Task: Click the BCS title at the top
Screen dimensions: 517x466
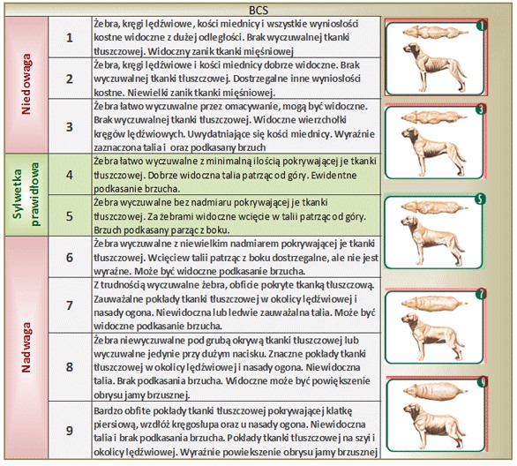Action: pyautogui.click(x=258, y=11)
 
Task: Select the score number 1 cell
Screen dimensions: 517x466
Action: pyautogui.click(x=70, y=37)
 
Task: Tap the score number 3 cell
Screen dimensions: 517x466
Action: pyautogui.click(x=70, y=126)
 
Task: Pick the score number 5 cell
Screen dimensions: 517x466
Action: pyautogui.click(x=70, y=216)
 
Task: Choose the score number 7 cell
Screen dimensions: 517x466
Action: pyautogui.click(x=70, y=305)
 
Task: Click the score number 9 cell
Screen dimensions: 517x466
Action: pyautogui.click(x=70, y=431)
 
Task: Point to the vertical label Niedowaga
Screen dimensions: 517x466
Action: pyautogui.click(x=26, y=85)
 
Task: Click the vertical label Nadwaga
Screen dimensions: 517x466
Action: pyautogui.click(x=26, y=347)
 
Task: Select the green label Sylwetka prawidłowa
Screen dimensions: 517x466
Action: pyautogui.click(x=26, y=194)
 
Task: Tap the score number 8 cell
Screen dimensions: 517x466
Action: pyautogui.click(x=70, y=367)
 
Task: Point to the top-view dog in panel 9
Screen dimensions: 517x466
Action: pyautogui.click(x=435, y=391)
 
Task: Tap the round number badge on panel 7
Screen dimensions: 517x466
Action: pyautogui.click(x=481, y=294)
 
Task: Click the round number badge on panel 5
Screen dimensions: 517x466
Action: pyautogui.click(x=481, y=199)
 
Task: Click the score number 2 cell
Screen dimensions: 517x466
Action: pyautogui.click(x=70, y=79)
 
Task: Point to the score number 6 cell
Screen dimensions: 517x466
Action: pyautogui.click(x=70, y=257)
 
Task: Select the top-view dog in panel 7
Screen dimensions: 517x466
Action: pyautogui.click(x=434, y=304)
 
